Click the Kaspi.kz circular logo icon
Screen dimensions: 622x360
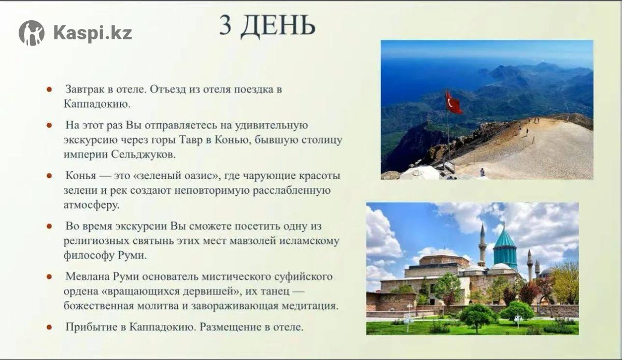[x=32, y=33]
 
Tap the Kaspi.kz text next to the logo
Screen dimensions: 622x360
[x=92, y=33]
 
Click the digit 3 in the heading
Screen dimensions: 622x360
[x=225, y=25]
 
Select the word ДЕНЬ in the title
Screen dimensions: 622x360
[x=278, y=26]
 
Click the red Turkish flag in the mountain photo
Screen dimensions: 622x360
[x=454, y=103]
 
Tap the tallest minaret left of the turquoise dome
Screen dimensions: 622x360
[x=483, y=246]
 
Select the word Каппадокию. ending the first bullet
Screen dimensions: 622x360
[x=97, y=104]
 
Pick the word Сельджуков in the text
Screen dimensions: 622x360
[x=143, y=154]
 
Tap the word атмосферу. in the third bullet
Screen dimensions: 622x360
[x=91, y=205]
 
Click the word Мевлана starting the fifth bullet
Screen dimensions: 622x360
[x=87, y=277]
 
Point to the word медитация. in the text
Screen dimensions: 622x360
[x=310, y=306]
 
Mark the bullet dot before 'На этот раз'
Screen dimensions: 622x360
[x=49, y=125]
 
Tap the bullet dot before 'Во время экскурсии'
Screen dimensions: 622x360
[x=49, y=226]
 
